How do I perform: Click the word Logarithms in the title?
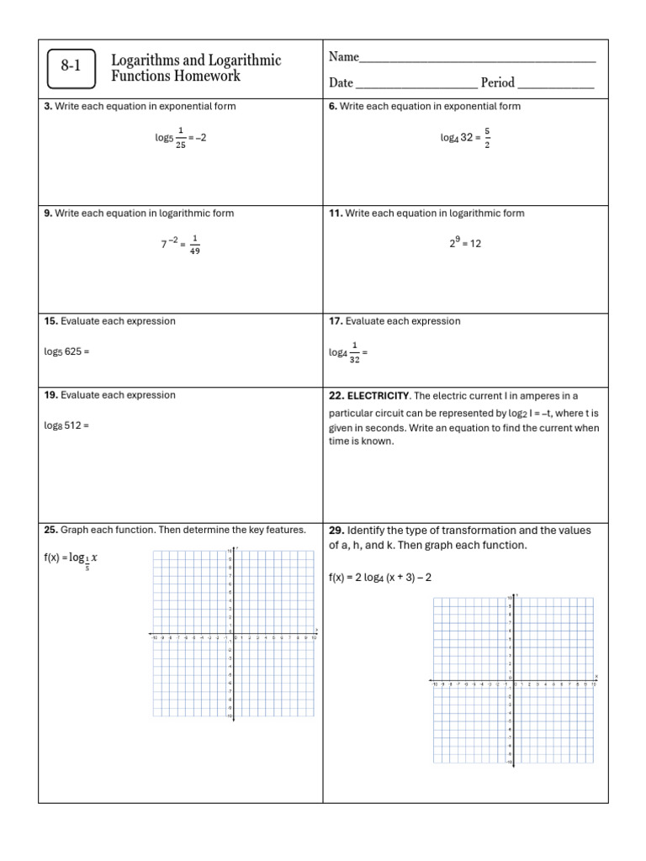click(x=146, y=61)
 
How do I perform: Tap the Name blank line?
click(x=477, y=59)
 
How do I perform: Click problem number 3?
click(x=48, y=107)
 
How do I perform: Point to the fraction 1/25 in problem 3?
click(x=180, y=137)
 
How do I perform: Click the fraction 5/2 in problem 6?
click(x=487, y=137)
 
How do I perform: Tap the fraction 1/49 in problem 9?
click(x=194, y=245)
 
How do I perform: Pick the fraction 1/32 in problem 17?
click(x=354, y=352)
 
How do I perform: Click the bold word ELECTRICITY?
click(x=378, y=396)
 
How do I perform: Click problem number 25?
click(x=50, y=531)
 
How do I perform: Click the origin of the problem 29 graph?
click(x=513, y=679)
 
